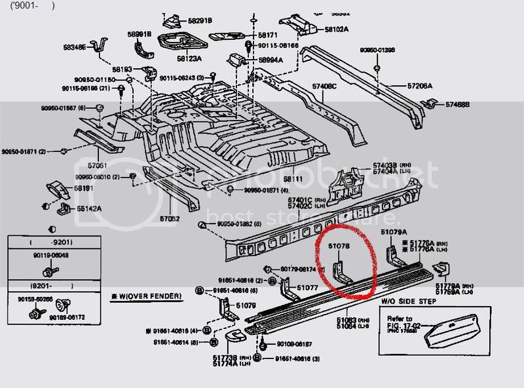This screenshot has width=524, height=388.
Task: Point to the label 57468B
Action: pyautogui.click(x=459, y=104)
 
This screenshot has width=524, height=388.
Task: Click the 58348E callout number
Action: pyautogui.click(x=75, y=47)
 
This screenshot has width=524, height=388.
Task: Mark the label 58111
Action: pyautogui.click(x=293, y=178)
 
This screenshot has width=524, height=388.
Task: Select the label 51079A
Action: pyautogui.click(x=394, y=232)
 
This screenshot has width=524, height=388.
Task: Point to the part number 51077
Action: pyautogui.click(x=307, y=287)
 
